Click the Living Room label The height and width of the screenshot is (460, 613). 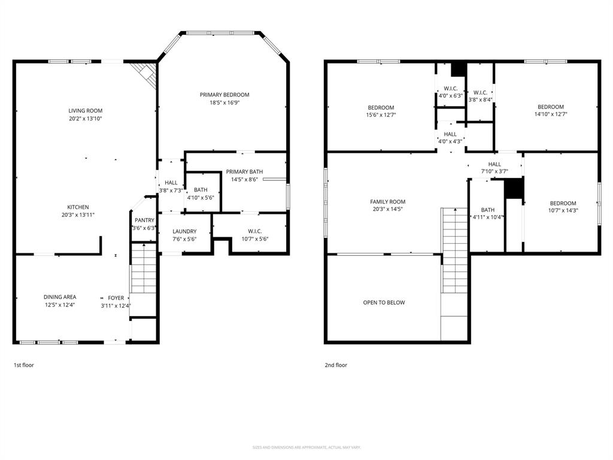(x=86, y=110)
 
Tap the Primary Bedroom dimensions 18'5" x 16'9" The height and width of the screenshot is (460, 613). (x=224, y=102)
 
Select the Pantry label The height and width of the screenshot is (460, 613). (x=144, y=220)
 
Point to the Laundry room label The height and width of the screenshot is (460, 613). (x=184, y=231)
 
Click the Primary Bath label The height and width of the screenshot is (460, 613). (x=244, y=172)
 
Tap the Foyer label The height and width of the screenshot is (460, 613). (x=116, y=298)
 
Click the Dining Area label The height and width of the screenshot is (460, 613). (x=60, y=296)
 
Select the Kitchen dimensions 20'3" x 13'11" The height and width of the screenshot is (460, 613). (x=78, y=214)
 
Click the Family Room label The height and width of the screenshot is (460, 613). (x=388, y=202)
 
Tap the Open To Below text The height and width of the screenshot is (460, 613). (x=384, y=302)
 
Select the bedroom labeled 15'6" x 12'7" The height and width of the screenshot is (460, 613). (x=381, y=111)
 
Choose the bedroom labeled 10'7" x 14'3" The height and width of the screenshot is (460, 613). (x=563, y=207)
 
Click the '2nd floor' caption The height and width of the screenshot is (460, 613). (x=336, y=365)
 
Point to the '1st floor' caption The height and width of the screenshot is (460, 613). (x=24, y=364)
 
